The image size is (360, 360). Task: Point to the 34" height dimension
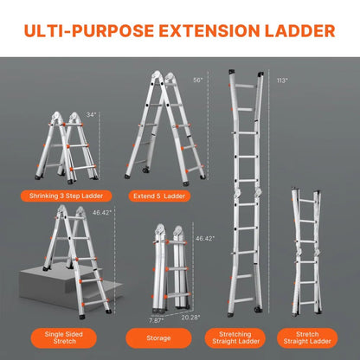pos(92,113)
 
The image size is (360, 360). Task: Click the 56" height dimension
pos(197,80)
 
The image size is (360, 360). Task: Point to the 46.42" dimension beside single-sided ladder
pos(102,212)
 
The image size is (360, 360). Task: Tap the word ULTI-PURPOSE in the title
pos(86,33)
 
